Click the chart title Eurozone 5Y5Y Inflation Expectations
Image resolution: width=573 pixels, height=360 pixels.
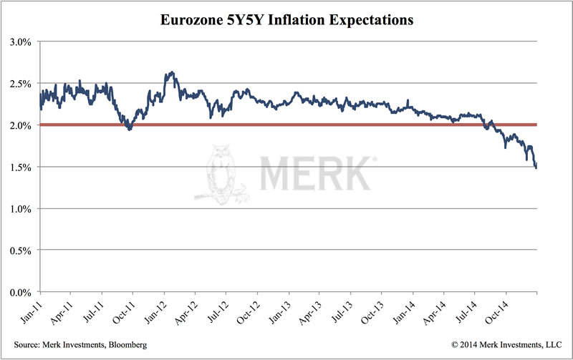pos(286,20)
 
